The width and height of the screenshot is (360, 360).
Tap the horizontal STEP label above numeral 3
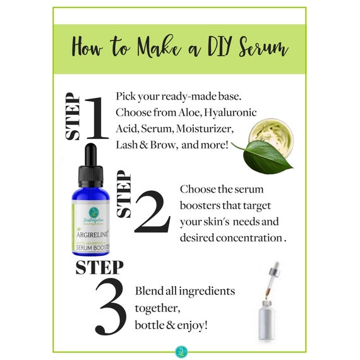pyautogui.click(x=99, y=267)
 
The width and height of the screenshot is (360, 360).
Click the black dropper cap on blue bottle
pyautogui.click(x=90, y=159)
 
